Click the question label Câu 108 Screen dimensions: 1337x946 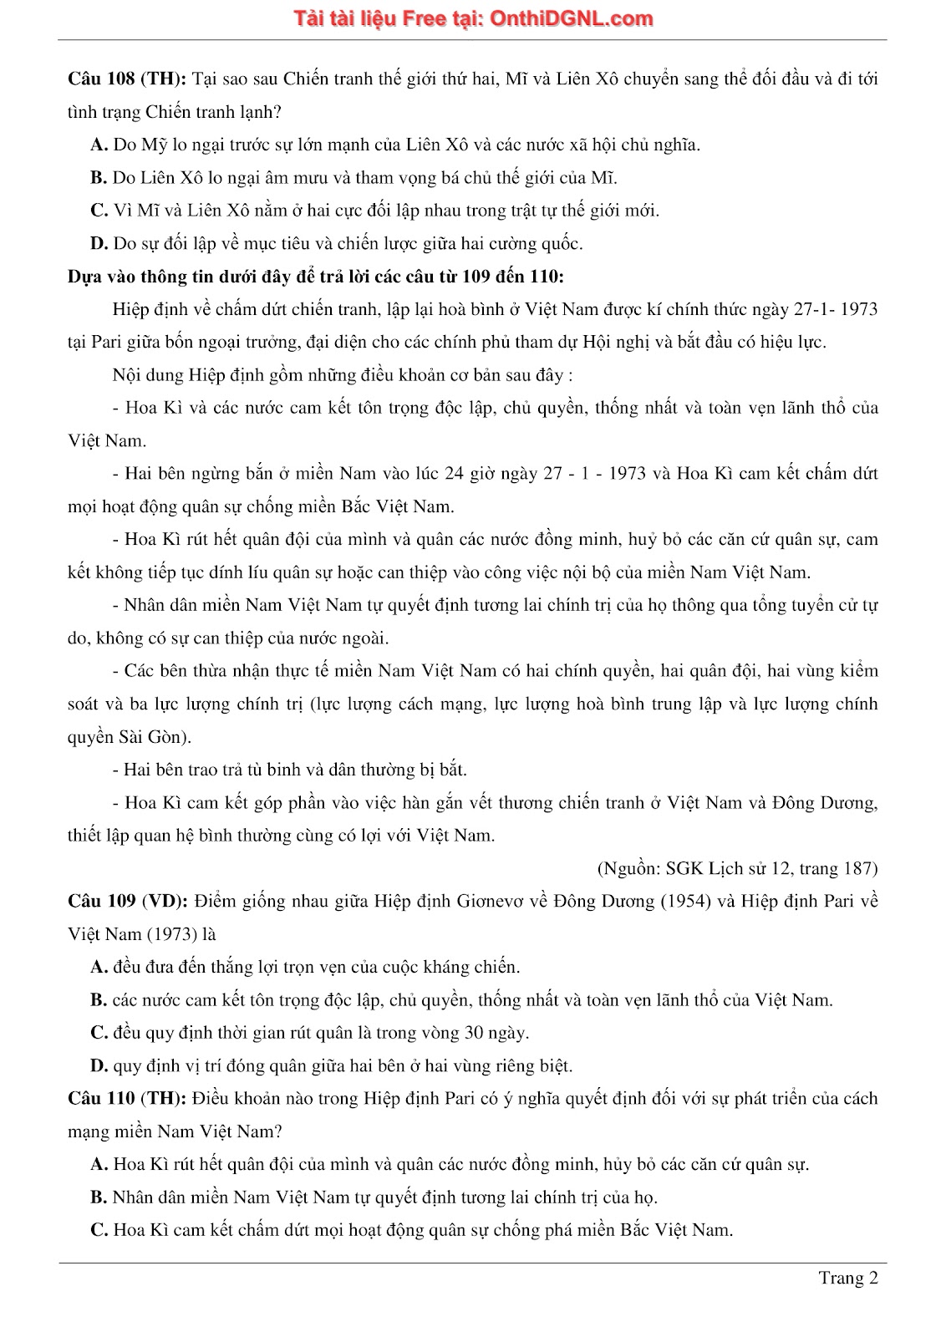pos(100,79)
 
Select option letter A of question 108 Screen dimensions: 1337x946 pos(99,145)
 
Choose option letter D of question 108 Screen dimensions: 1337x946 pos(99,244)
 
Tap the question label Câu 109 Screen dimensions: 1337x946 pos(100,902)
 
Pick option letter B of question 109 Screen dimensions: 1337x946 pos(98,1000)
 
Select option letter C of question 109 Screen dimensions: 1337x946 pos(99,1034)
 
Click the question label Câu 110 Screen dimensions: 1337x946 pos(100,1099)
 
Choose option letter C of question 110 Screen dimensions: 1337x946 pos(99,1231)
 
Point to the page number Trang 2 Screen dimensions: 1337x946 pos(848,1279)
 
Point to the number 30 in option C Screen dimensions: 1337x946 pos(474,1034)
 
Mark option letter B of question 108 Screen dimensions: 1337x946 pos(98,178)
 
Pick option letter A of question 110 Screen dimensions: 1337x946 pos(99,1165)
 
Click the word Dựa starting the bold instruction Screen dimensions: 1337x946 pos(84,277)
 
